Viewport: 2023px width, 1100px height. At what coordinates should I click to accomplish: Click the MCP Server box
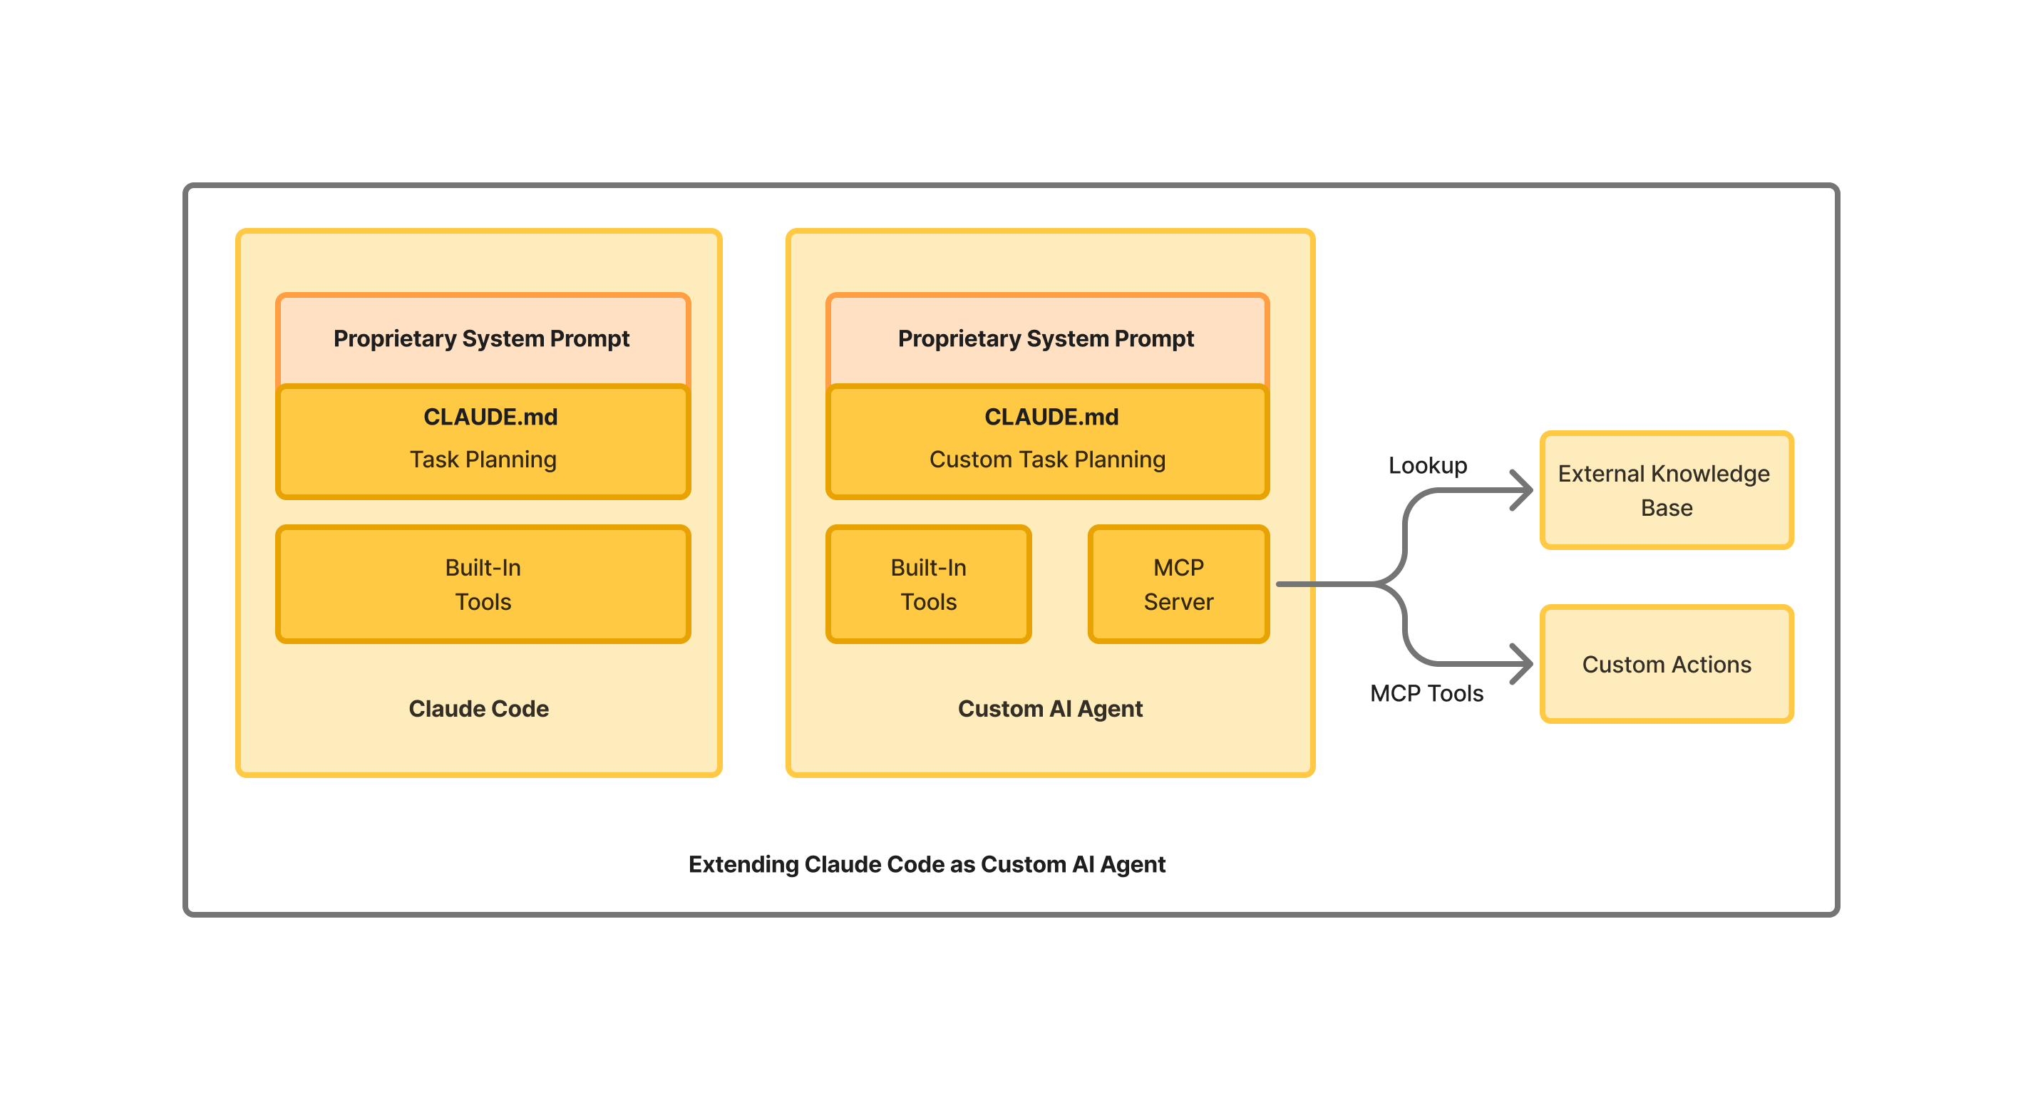pyautogui.click(x=1178, y=584)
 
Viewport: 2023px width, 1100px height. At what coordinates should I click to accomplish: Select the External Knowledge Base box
pyautogui.click(x=1666, y=490)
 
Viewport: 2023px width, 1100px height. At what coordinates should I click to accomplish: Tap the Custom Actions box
pyautogui.click(x=1666, y=664)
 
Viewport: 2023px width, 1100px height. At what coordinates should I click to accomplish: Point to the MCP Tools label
pyautogui.click(x=1426, y=693)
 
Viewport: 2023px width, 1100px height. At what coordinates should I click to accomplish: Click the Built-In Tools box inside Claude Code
pyautogui.click(x=483, y=584)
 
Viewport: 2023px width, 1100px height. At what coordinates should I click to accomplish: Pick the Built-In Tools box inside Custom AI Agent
pyautogui.click(x=928, y=584)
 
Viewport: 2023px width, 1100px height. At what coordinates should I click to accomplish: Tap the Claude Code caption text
pyautogui.click(x=478, y=708)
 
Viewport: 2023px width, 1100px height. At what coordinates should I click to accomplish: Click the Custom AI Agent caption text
pyautogui.click(x=1050, y=708)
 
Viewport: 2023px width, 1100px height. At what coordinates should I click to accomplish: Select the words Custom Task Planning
pyautogui.click(x=1047, y=460)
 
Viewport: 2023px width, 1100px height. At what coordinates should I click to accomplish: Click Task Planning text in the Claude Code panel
pyautogui.click(x=483, y=460)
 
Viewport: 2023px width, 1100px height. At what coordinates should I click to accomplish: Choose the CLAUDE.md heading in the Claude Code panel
pyautogui.click(x=490, y=417)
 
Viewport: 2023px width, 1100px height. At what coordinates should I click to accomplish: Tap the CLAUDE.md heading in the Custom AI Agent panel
pyautogui.click(x=1051, y=417)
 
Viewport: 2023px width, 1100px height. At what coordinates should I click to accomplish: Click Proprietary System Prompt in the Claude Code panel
pyautogui.click(x=481, y=338)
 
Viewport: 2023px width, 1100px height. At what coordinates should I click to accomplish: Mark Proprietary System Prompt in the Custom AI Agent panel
pyautogui.click(x=1045, y=338)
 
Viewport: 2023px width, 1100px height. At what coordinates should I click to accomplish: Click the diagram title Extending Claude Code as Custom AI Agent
pyautogui.click(x=927, y=863)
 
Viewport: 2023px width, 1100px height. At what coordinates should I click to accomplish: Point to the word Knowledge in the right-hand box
pyautogui.click(x=1709, y=474)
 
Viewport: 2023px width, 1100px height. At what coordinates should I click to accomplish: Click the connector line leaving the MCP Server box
pyautogui.click(x=1327, y=584)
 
